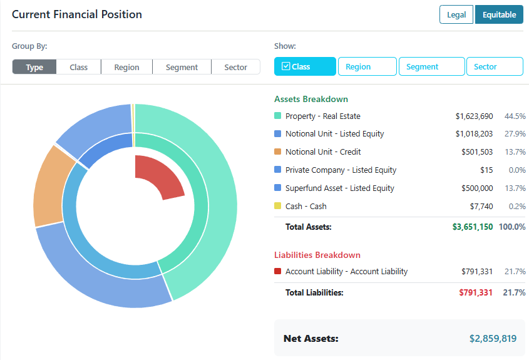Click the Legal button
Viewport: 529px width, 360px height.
[456, 15]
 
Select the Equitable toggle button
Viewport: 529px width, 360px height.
[499, 15]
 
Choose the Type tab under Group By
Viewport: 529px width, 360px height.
[34, 67]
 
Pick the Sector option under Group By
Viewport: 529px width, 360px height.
[235, 67]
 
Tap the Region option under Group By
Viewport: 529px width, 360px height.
[126, 67]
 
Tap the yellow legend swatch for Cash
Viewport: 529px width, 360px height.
[278, 206]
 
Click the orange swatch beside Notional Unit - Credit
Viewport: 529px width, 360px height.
[278, 152]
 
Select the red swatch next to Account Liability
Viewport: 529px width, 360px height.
[278, 272]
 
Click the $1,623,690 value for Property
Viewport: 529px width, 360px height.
[474, 116]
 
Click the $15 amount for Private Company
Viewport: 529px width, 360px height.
[486, 170]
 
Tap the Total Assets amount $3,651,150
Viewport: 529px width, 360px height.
[472, 227]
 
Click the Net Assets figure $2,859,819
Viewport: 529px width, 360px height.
[493, 339]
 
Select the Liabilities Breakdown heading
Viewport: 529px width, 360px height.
[317, 255]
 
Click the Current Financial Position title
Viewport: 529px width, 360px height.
[77, 14]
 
